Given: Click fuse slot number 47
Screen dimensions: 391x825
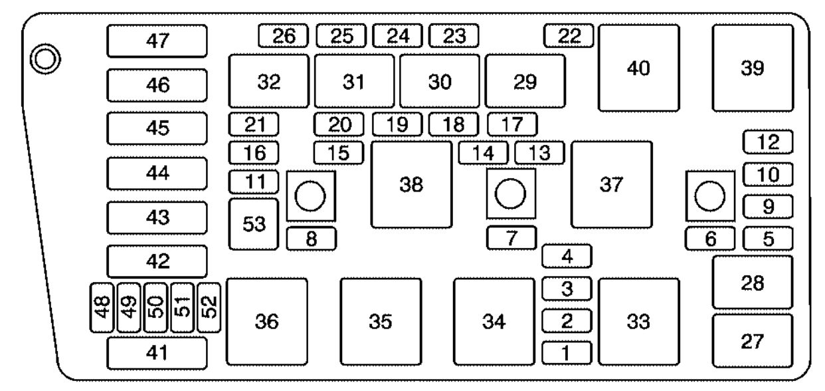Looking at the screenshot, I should (x=157, y=41).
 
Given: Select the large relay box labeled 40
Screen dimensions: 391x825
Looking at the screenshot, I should (x=639, y=68).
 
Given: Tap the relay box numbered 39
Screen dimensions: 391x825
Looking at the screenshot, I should (x=753, y=68).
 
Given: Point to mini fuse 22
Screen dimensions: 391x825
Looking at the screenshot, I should (x=568, y=35).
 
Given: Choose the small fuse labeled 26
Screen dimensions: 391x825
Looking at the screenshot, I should (x=283, y=35).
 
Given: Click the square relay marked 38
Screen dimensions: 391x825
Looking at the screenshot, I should (x=411, y=185).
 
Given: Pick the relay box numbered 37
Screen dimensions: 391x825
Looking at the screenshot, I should (x=611, y=185).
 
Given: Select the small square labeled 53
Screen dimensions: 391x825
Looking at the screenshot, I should (x=253, y=224).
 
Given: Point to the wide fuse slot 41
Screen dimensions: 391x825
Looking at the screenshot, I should (x=157, y=352).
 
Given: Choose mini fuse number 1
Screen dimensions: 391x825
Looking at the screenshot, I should (x=567, y=352).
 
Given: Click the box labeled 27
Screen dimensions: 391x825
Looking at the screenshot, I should (x=753, y=341).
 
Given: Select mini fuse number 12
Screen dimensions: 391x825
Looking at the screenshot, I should (x=769, y=141).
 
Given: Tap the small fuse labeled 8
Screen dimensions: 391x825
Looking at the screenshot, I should (x=311, y=239).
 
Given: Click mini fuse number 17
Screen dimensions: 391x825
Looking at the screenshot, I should (x=512, y=124).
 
